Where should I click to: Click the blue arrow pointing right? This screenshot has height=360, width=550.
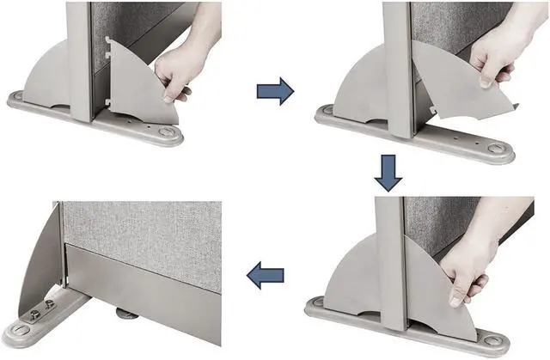click(275, 90)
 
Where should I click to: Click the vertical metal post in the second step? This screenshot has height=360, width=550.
click(396, 69)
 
